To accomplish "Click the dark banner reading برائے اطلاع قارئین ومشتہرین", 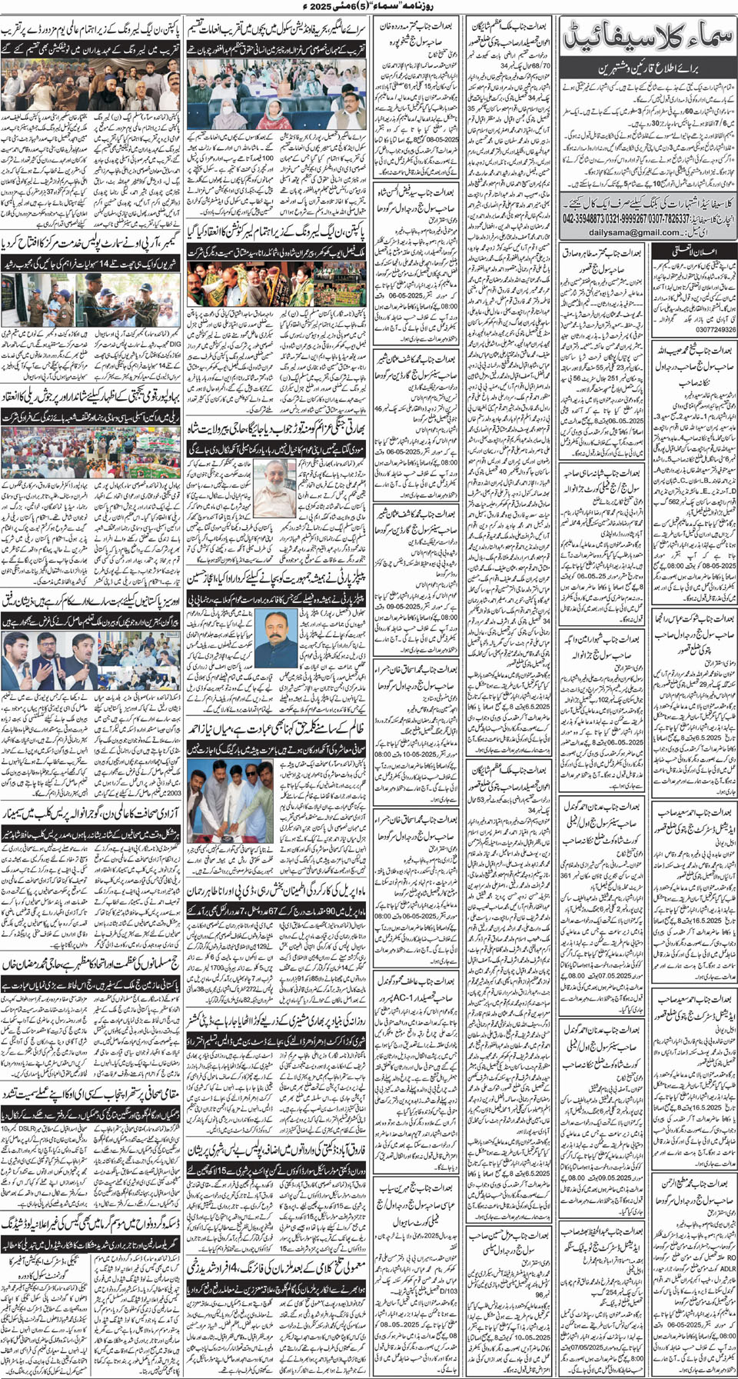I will (x=649, y=68).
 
